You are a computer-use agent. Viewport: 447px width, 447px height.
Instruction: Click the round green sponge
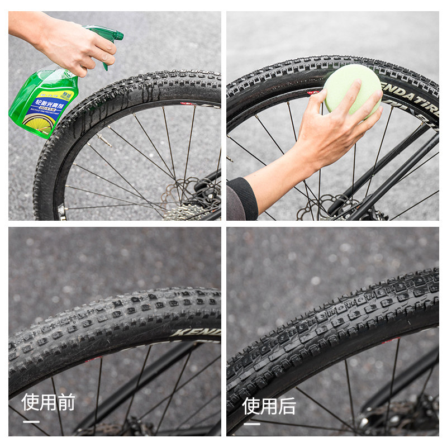(352, 89)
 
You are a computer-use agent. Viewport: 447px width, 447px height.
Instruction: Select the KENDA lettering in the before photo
(196, 332)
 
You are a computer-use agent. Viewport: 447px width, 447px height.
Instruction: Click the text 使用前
(48, 402)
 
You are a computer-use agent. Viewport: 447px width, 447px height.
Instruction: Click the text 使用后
(269, 406)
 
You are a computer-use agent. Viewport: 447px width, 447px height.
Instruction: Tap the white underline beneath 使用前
(31, 421)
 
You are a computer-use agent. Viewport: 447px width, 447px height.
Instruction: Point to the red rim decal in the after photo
(391, 340)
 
